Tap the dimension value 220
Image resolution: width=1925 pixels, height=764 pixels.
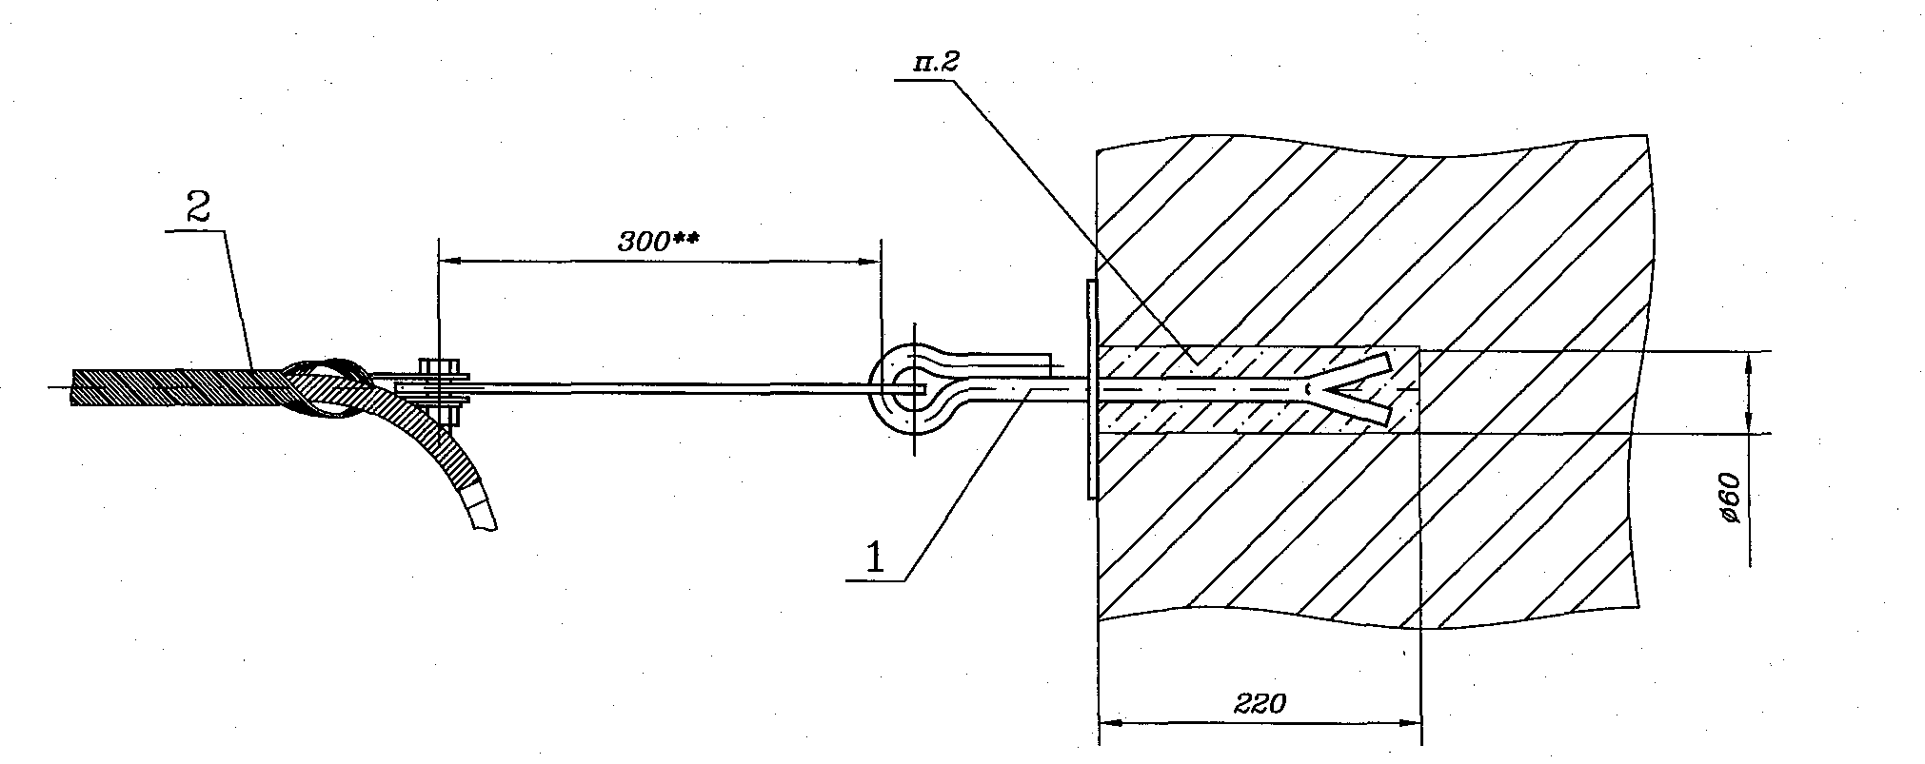coord(1260,704)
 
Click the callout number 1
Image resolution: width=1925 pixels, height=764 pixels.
coord(875,557)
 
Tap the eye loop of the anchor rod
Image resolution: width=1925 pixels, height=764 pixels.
coord(913,390)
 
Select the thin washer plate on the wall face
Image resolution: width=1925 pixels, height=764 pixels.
coord(1090,388)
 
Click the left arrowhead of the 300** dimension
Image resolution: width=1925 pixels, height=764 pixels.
coord(448,259)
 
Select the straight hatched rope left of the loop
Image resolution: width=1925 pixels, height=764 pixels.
coord(176,388)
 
